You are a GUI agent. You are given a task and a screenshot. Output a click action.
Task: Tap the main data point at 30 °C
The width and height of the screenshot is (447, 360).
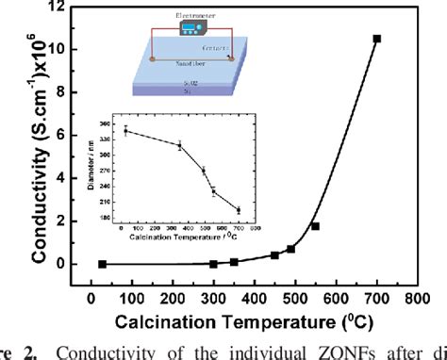pos(102,264)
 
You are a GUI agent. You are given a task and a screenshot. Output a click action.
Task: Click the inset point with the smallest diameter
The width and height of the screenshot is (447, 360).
pos(238,210)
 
